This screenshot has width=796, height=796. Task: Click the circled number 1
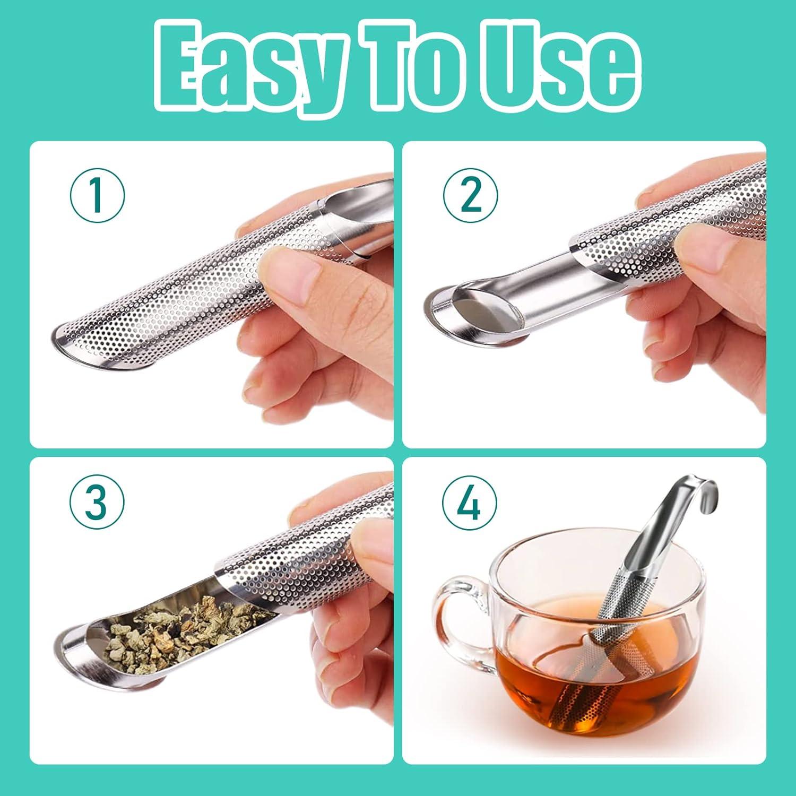point(97,195)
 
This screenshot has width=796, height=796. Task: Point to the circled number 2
point(471,195)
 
